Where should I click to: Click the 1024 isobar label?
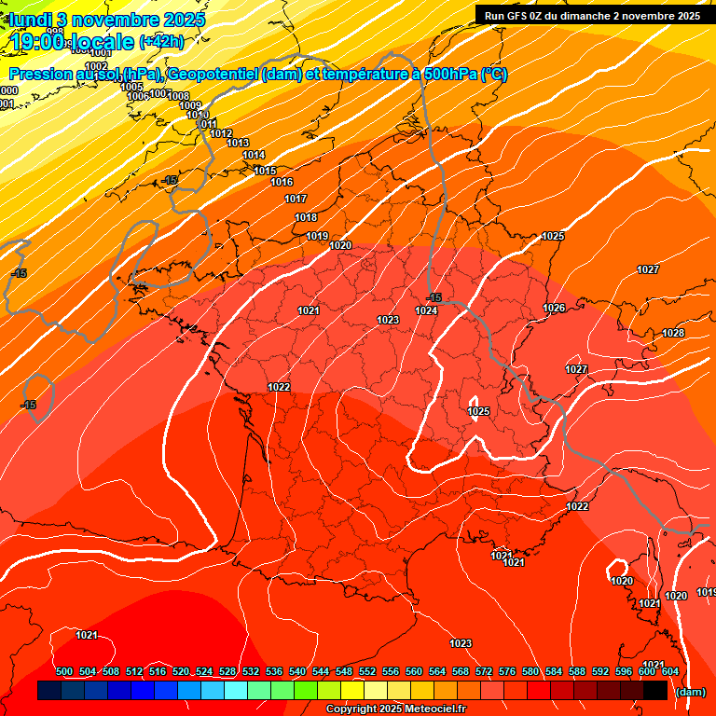[x=427, y=310]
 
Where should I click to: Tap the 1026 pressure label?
[x=554, y=308]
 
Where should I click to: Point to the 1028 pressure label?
[x=673, y=333]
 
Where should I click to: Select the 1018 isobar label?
[x=306, y=217]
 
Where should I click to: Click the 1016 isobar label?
[x=282, y=182]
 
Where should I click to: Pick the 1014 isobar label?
[x=254, y=155]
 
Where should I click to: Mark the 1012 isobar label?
[x=221, y=133]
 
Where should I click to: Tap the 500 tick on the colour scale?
[x=64, y=671]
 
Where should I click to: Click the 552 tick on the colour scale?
[x=367, y=671]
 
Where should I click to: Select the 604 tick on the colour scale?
[x=669, y=671]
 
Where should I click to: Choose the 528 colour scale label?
[x=227, y=671]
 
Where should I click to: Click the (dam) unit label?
[x=690, y=692]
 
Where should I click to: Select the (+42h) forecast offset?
[x=161, y=41]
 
